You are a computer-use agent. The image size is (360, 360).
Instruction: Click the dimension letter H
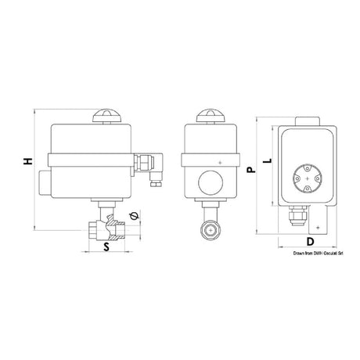click(28, 161)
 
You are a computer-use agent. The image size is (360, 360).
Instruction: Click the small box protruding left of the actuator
click(41, 185)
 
